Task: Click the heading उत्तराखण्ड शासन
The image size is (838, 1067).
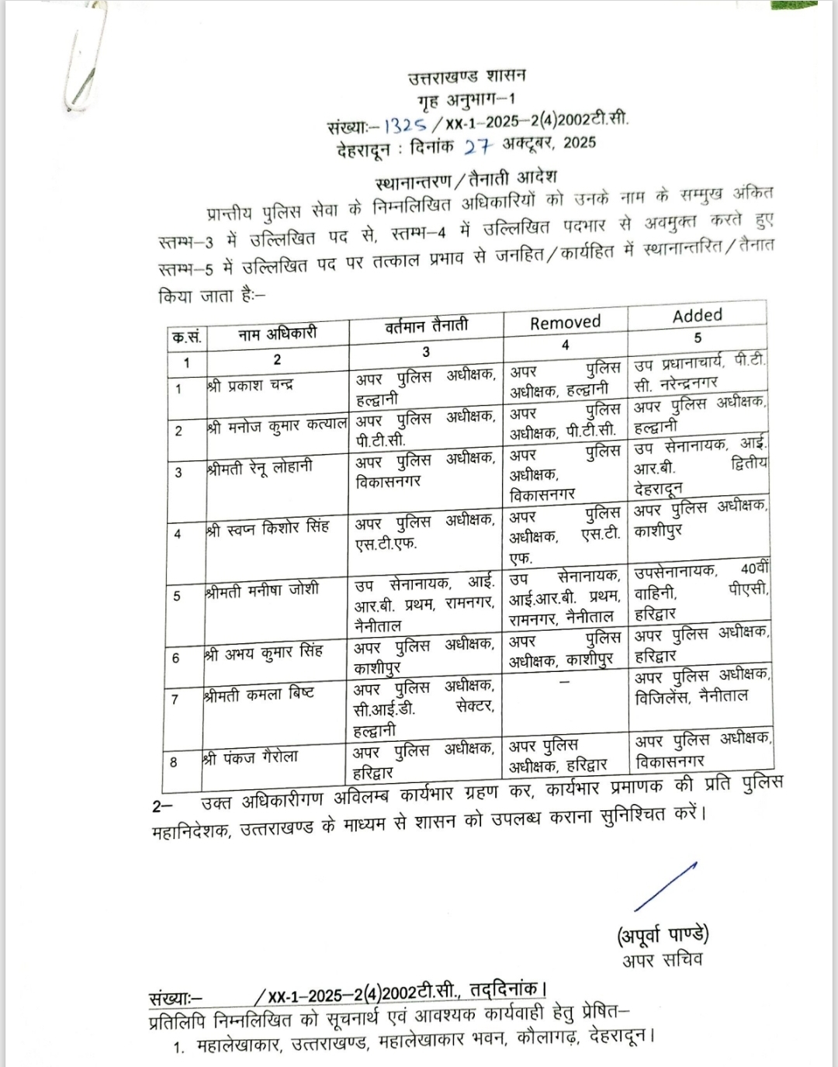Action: (x=467, y=76)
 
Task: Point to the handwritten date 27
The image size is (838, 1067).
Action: (x=480, y=144)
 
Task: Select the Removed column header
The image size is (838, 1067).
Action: (x=565, y=323)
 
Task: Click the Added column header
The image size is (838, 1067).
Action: (x=697, y=315)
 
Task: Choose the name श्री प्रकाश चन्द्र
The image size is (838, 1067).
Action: (x=250, y=386)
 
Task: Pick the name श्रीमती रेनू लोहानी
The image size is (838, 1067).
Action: (x=259, y=467)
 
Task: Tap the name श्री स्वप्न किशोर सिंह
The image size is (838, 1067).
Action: (x=268, y=528)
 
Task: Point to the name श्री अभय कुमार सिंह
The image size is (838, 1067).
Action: (x=263, y=653)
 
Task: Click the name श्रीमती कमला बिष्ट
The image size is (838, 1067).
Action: (x=258, y=694)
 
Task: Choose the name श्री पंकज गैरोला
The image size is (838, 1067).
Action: (x=250, y=757)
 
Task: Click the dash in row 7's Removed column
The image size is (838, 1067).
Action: (x=564, y=681)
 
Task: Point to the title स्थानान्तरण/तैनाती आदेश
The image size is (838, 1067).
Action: (x=466, y=182)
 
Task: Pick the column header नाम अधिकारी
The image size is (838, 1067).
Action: (x=277, y=334)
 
